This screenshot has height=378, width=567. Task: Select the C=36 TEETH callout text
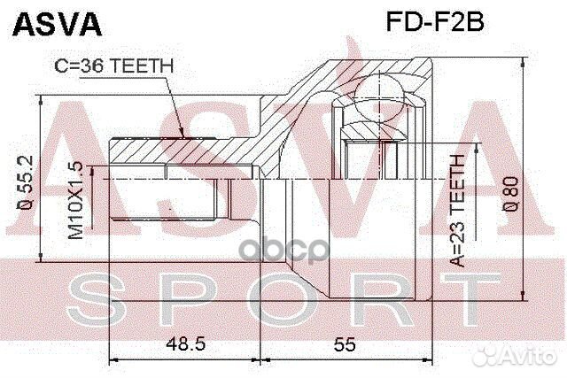pos(114,65)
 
